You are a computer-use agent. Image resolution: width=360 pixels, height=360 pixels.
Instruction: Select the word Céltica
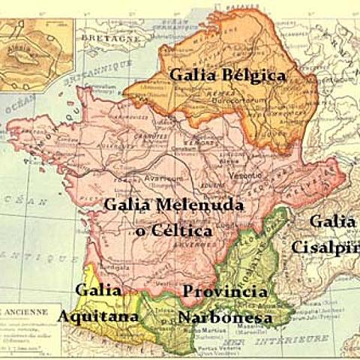[184, 231]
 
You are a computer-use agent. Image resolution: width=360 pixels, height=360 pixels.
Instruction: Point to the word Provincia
[225, 292]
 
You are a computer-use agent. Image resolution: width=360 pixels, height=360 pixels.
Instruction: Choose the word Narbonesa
[225, 317]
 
